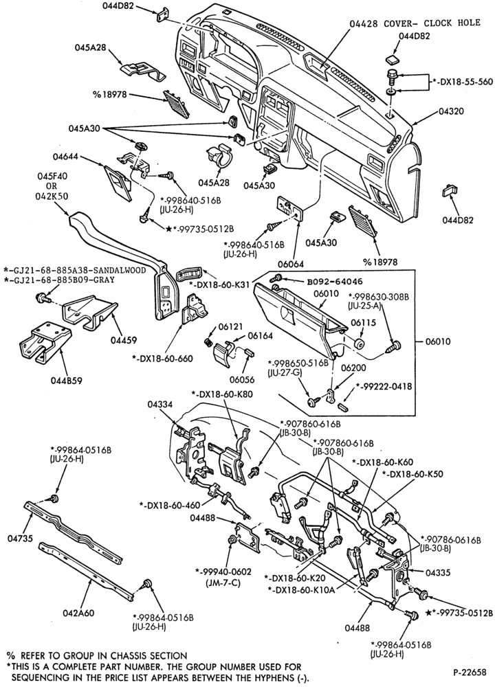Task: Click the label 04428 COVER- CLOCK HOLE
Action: click(x=415, y=23)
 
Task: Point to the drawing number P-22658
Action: click(x=470, y=672)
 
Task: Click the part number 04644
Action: click(x=66, y=156)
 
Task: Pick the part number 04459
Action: click(x=124, y=339)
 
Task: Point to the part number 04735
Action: click(x=20, y=539)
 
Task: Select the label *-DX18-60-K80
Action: click(x=221, y=394)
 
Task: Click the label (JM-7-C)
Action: click(x=223, y=583)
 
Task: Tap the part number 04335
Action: click(x=438, y=572)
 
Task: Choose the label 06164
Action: click(x=261, y=336)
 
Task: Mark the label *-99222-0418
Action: click(x=384, y=386)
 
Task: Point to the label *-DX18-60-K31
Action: click(x=220, y=285)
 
